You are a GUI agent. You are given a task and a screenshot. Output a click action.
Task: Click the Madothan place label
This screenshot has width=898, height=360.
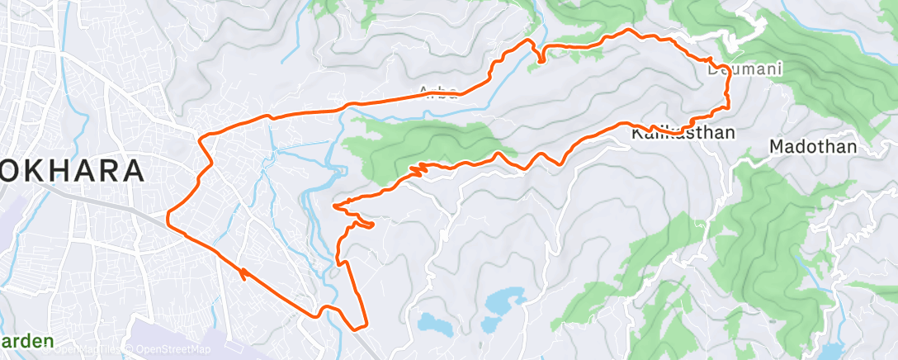(x=813, y=147)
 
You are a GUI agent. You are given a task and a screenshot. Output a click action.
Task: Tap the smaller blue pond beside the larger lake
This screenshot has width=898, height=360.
(x=434, y=323)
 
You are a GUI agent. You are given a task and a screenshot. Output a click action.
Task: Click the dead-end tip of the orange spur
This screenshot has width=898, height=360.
(x=372, y=224)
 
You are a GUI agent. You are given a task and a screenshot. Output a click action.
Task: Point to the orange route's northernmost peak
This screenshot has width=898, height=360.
(x=630, y=31)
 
